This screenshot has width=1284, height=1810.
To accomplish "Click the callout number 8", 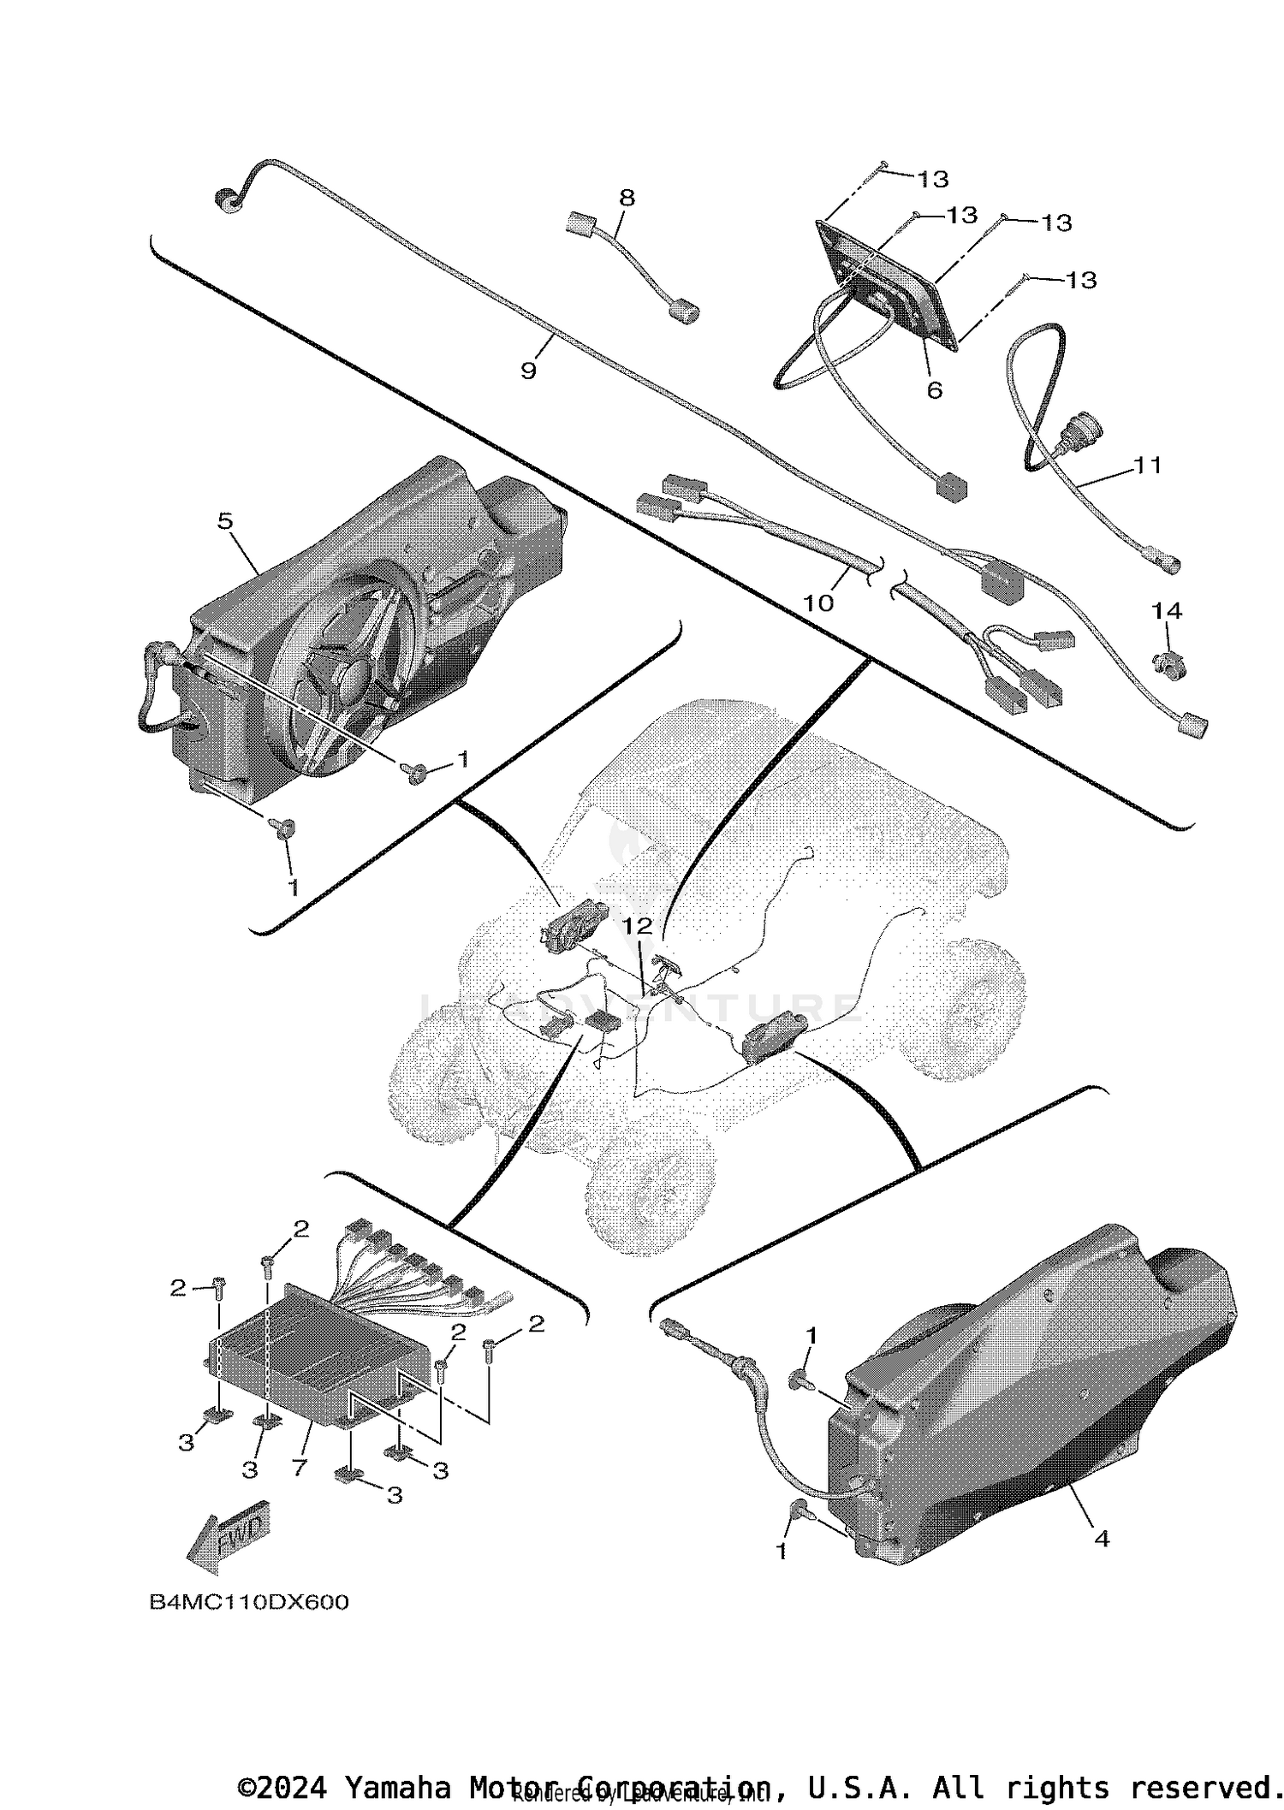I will coord(627,199).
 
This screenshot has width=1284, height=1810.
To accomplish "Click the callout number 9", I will coord(528,371).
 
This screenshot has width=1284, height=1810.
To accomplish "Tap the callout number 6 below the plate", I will coord(935,390).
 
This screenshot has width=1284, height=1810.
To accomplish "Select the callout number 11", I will coord(1148,466).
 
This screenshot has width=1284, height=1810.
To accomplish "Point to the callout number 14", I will coord(1167,611).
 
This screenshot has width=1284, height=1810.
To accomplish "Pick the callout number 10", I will coord(818,603).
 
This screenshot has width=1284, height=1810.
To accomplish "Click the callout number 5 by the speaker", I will coord(225,521).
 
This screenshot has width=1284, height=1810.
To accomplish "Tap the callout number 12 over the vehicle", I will coord(637,926).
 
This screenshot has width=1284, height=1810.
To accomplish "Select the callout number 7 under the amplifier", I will coord(299,1468).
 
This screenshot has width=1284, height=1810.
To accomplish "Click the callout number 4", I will coord(1102,1539).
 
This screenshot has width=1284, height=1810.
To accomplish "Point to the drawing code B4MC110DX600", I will coord(249,1602).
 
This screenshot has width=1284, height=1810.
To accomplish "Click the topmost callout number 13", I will coord(933,180).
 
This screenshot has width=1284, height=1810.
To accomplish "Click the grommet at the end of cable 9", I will coord(226,202).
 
